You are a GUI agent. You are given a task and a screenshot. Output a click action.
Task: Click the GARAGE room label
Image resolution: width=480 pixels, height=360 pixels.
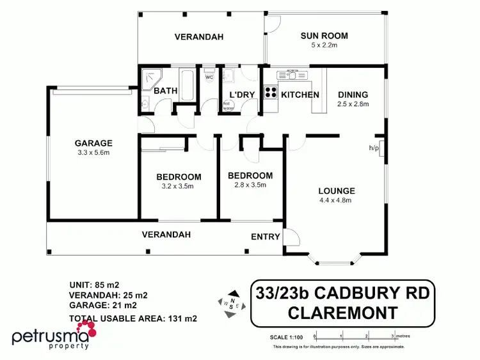coord(93,143)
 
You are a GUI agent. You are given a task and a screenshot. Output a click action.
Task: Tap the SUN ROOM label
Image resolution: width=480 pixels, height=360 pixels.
coord(323,36)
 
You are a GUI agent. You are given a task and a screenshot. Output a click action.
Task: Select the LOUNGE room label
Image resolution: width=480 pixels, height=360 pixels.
coord(336,191)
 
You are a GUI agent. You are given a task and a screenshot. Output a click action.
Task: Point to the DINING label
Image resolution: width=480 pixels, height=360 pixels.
coord(353,95)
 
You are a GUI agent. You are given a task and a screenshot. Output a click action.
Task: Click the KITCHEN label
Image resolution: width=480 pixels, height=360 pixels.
coord(300,95)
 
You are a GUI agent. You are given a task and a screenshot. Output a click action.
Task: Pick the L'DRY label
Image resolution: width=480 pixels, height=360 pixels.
coord(242,95)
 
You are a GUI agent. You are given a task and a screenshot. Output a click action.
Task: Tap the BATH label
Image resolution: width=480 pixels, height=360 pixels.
coord(166,91)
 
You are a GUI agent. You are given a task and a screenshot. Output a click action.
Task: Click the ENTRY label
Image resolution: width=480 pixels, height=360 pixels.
coord(265,237)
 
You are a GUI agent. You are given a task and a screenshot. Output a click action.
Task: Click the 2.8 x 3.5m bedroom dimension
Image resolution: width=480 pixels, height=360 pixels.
coord(250,185)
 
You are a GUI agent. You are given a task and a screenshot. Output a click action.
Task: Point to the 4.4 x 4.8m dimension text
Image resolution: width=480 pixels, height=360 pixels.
coord(336,200)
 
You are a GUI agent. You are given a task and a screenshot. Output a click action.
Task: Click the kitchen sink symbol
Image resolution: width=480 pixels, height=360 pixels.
coord(289,75)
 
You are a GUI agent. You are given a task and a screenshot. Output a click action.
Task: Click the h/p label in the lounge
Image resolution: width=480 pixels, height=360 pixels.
coord(373,148)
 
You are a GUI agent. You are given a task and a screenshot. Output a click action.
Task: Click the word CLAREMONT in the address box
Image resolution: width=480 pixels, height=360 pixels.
coord(342,313)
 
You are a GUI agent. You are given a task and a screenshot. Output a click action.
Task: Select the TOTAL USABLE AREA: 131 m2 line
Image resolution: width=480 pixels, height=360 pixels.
coord(132,318)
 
